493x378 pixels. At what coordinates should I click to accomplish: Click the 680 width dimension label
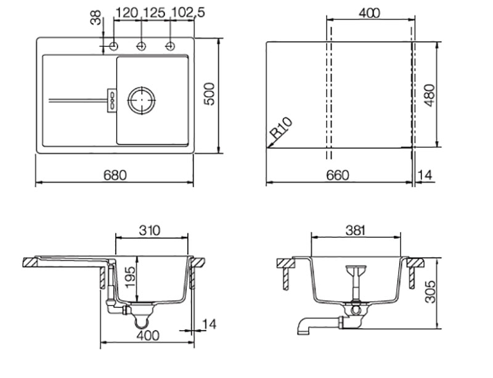coord(115,175)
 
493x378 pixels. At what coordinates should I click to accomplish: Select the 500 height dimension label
coord(210,94)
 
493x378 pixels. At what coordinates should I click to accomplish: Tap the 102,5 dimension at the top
coord(188,12)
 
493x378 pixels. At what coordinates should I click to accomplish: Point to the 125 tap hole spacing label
coord(154,12)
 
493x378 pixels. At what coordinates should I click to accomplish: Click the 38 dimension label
coord(96,17)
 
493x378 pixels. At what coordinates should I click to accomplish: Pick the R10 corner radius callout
coord(282,128)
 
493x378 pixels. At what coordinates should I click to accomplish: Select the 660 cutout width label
coord(337,175)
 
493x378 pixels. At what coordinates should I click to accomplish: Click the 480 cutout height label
coord(430,95)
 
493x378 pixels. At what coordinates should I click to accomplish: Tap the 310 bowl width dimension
coord(150,230)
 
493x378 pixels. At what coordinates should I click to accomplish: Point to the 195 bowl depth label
coord(130,277)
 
